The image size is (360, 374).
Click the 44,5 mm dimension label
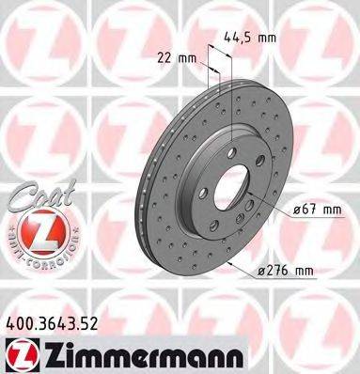coord(250,39)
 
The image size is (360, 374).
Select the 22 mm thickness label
coord(181,57)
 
